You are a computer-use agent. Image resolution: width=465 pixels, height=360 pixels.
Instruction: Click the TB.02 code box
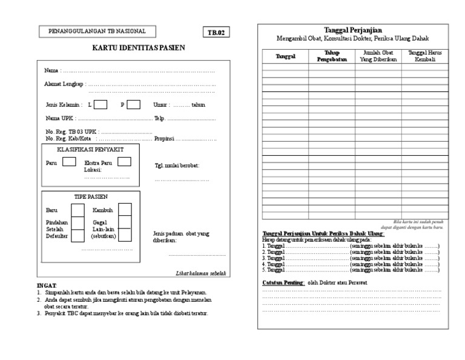pos(216,33)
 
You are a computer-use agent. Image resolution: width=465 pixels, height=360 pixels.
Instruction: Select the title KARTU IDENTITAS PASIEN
pos(139,48)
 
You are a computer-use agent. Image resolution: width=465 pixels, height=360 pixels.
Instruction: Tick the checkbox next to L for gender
pos(101,104)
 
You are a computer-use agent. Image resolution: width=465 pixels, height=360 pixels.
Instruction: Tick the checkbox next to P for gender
pos(133,104)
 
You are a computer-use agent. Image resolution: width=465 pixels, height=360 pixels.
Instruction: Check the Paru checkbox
pos(69,162)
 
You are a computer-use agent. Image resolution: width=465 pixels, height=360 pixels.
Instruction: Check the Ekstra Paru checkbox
pos(124,162)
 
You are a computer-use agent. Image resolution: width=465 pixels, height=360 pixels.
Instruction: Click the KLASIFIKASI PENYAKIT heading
pos(90,148)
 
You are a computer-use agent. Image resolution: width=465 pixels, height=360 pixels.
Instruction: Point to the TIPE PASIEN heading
pos(90,197)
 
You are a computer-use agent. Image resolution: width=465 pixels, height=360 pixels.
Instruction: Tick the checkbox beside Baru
pos(77,210)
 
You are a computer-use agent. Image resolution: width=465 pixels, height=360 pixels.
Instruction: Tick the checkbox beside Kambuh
pos(124,210)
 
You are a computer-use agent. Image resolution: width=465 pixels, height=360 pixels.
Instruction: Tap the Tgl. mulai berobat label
pos(177,165)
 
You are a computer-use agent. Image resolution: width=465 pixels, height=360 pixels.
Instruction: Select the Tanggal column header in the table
pos(285,56)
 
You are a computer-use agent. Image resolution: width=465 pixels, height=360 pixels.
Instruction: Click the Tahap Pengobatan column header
pos(331,56)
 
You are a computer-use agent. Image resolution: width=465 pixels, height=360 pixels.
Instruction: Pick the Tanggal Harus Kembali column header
pos(424,56)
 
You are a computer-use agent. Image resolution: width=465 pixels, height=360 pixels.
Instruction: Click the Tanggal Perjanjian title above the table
pos(354,30)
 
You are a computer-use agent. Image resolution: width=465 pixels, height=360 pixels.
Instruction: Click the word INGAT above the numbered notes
pos(47,285)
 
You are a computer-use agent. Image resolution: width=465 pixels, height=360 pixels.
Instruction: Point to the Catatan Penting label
pos(283,283)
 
